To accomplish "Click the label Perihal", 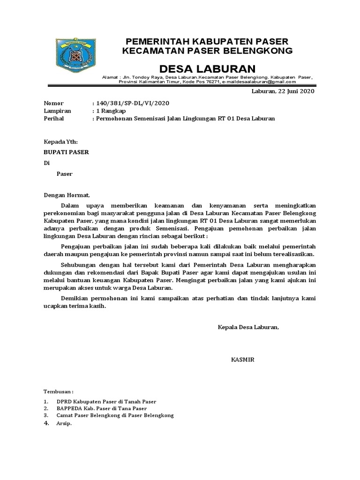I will [x=54, y=119].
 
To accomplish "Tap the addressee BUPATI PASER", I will [x=66, y=152].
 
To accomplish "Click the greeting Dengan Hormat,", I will [x=66, y=195].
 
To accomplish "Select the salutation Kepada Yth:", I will [x=61, y=141].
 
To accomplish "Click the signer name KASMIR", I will [x=242, y=360].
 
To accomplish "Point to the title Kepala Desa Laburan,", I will [x=248, y=327].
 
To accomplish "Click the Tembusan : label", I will [x=59, y=391].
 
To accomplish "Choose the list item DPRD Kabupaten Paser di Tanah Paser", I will [x=106, y=402].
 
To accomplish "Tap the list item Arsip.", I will [x=64, y=423].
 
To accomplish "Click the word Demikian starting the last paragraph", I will [x=76, y=298].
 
